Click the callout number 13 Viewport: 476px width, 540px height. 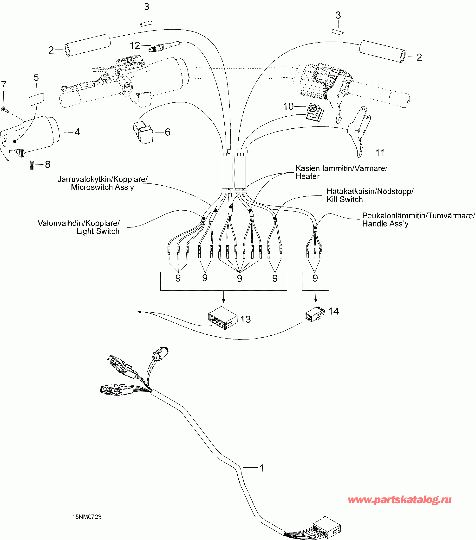tap(245, 319)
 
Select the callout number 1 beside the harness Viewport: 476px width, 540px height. tap(261, 468)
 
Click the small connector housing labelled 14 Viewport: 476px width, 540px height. tap(315, 314)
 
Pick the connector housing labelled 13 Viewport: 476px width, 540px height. tap(222, 318)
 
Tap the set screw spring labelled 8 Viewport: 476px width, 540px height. tap(32, 165)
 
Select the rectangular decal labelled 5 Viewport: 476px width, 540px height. tap(36, 99)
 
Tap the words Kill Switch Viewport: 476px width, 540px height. tap(345, 200)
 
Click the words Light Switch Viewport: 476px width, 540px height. tap(98, 231)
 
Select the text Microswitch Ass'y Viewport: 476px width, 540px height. tap(102, 187)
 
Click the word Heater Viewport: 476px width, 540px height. tap(307, 176)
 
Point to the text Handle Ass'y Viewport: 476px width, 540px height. tap(385, 224)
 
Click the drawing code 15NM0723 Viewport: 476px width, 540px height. tap(87, 517)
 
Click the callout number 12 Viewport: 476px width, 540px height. tap(135, 45)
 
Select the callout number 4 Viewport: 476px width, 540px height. tap(77, 132)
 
